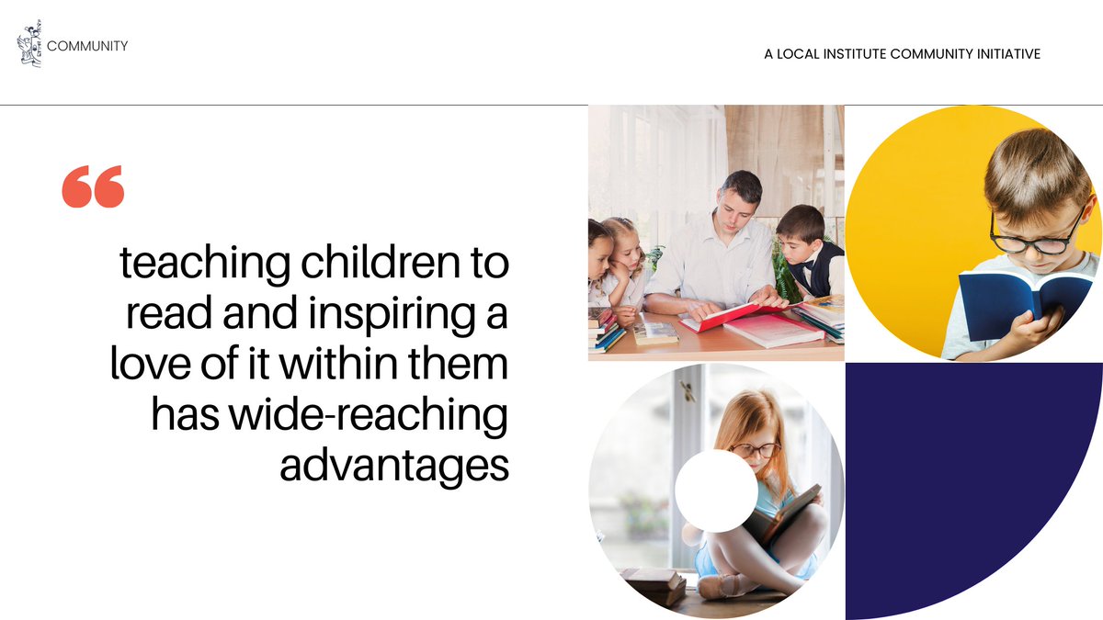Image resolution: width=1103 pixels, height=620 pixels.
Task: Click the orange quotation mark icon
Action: click(x=92, y=186)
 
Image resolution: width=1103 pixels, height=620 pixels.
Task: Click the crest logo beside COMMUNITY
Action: click(x=29, y=46)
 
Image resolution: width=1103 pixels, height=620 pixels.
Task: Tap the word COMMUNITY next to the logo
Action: click(x=87, y=46)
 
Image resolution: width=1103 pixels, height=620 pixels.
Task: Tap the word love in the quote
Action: click(x=143, y=365)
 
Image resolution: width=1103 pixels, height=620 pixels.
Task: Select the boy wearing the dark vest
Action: click(x=809, y=253)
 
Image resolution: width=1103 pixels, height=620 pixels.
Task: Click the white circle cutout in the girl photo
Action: click(x=716, y=490)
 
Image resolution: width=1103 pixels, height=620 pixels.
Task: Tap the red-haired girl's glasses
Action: click(x=755, y=450)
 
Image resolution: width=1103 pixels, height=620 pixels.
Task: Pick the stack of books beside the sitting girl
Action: click(x=654, y=584)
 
